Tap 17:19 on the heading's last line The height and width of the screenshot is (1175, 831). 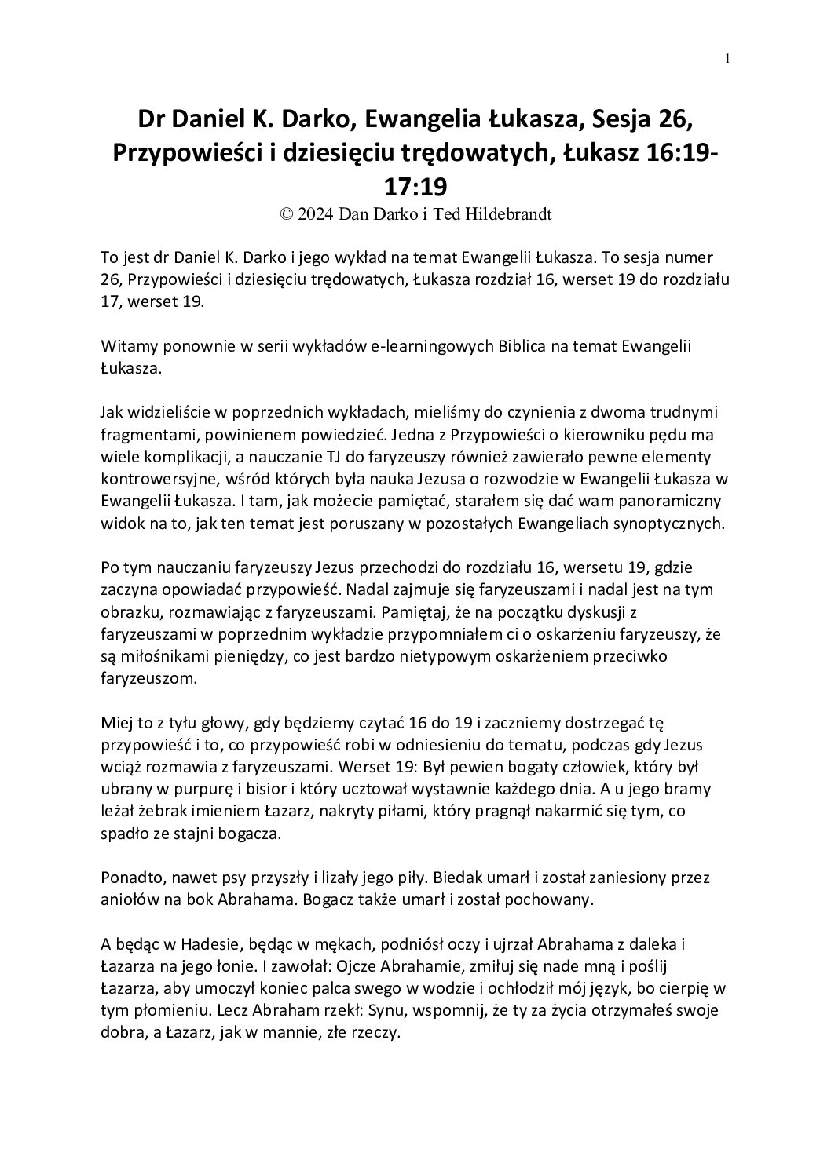[415, 187]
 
